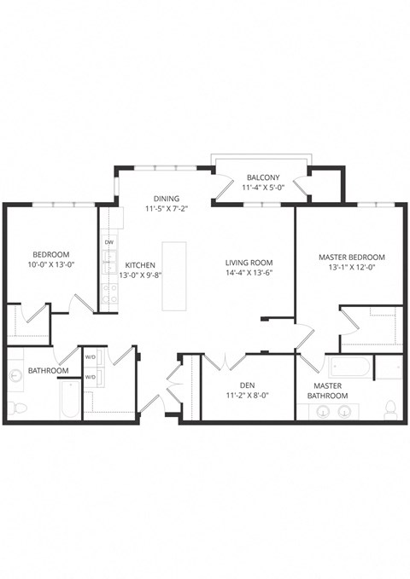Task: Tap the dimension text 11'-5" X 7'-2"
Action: pos(167,207)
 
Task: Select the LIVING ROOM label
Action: pos(249,262)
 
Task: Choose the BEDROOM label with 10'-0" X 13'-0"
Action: pos(51,255)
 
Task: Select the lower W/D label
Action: pos(90,376)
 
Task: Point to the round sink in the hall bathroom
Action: pos(16,376)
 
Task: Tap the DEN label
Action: pos(249,385)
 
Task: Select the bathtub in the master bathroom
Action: pos(348,368)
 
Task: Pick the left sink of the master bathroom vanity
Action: pos(324,413)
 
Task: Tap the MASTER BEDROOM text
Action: pos(351,257)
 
